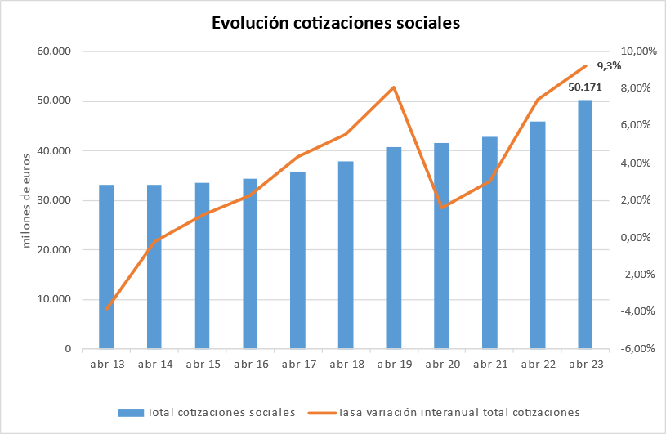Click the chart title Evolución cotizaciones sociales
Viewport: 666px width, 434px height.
coord(336,23)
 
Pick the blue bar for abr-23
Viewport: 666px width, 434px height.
coord(585,225)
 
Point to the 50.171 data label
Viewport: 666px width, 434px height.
coord(584,87)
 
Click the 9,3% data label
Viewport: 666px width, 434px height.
coord(609,66)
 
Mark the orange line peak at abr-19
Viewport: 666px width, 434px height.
coord(394,87)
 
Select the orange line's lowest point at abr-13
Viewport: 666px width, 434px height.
coord(107,309)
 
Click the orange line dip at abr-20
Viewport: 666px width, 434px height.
coord(442,208)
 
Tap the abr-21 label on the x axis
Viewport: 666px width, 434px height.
coord(489,365)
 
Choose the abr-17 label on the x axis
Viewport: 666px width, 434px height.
coord(298,365)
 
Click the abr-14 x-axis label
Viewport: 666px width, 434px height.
coord(155,365)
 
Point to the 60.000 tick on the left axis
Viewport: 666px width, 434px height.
coord(55,51)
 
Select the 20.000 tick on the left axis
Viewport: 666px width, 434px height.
coord(55,249)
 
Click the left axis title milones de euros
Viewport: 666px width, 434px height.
coord(26,199)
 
